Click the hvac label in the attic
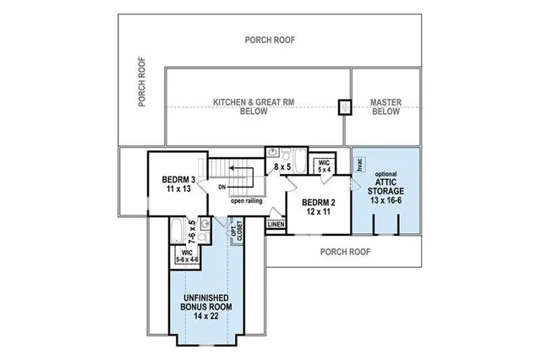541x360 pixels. (x=358, y=166)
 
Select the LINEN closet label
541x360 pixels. (x=276, y=225)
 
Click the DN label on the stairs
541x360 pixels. (x=221, y=186)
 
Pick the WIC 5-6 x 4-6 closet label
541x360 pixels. (x=186, y=255)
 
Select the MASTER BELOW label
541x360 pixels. (x=385, y=106)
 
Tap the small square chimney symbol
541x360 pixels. (x=344, y=107)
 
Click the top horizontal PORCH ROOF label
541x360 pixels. (x=270, y=39)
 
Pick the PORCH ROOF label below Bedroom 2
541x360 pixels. (x=346, y=251)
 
